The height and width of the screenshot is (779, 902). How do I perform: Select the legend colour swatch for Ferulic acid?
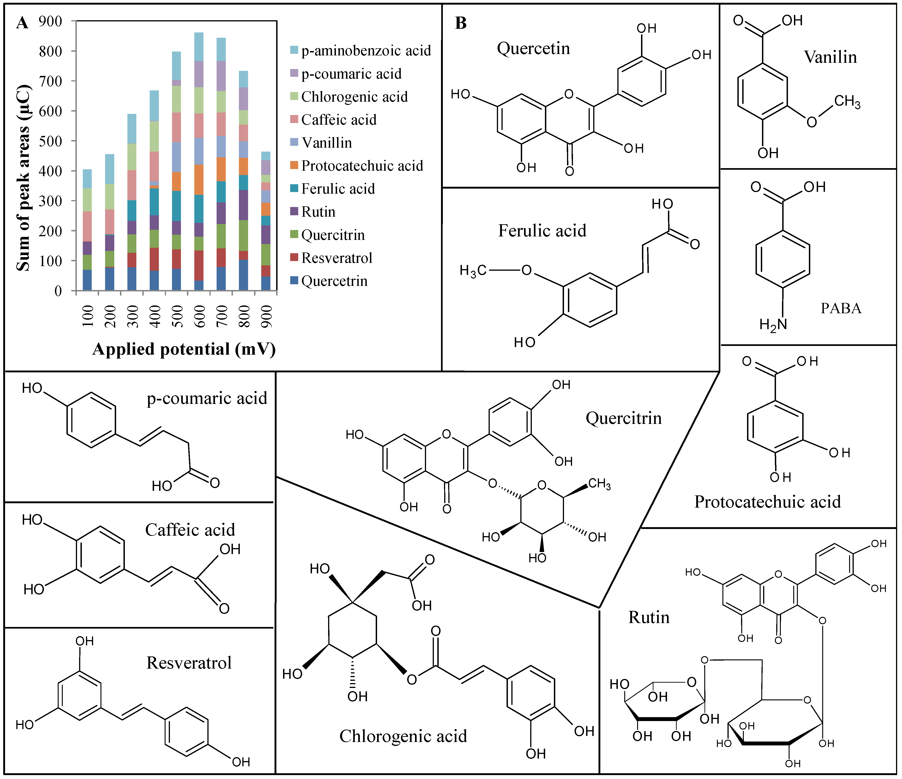(x=294, y=189)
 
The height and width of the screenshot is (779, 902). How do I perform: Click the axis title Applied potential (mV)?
(x=184, y=349)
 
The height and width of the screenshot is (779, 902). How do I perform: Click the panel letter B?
(x=461, y=23)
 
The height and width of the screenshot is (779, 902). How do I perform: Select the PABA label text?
(x=841, y=308)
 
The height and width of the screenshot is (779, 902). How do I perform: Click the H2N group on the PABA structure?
(x=773, y=324)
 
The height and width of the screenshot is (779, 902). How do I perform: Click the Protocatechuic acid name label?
(x=767, y=502)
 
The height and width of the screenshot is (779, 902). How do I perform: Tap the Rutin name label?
(x=649, y=618)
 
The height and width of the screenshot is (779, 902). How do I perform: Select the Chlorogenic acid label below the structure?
(x=403, y=736)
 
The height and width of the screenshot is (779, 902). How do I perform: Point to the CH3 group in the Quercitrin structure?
(x=599, y=484)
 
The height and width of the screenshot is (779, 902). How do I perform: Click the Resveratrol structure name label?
(x=189, y=663)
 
